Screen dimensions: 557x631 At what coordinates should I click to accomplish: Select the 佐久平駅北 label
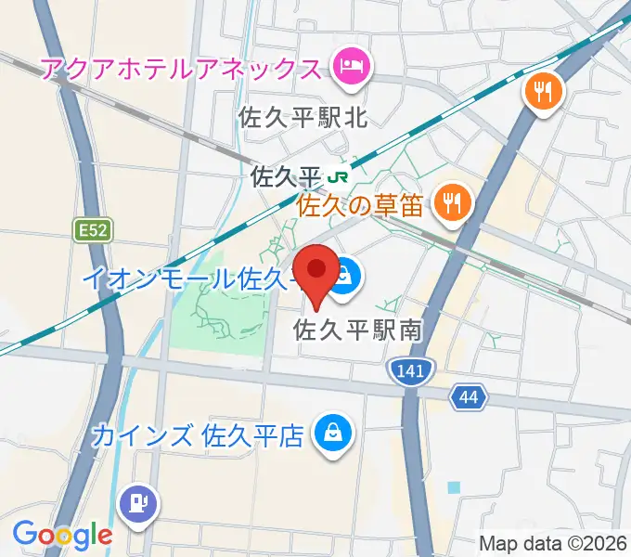click(x=303, y=118)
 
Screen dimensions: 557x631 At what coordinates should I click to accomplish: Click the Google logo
click(x=62, y=535)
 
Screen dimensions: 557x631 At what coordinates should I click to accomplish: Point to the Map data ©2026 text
click(x=553, y=543)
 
